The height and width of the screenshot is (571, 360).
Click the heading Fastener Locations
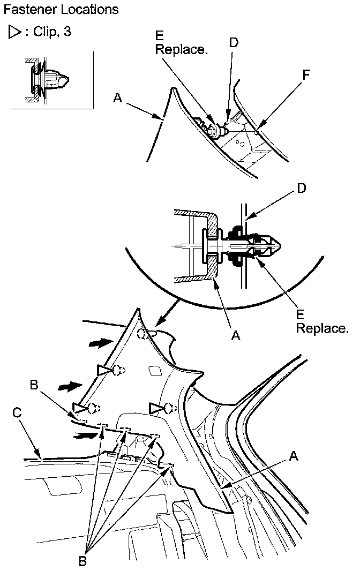[61, 10]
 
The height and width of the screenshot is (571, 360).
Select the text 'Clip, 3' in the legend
[52, 32]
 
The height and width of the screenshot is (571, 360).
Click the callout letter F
[306, 76]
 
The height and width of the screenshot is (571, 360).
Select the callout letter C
[17, 412]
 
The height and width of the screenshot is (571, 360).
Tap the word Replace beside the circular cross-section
[322, 328]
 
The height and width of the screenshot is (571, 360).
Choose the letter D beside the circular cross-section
[302, 189]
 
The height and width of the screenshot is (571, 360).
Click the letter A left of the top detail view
[117, 97]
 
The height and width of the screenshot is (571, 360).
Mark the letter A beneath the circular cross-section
[235, 336]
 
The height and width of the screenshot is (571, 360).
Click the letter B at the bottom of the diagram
[82, 561]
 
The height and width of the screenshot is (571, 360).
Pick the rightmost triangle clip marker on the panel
[156, 409]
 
